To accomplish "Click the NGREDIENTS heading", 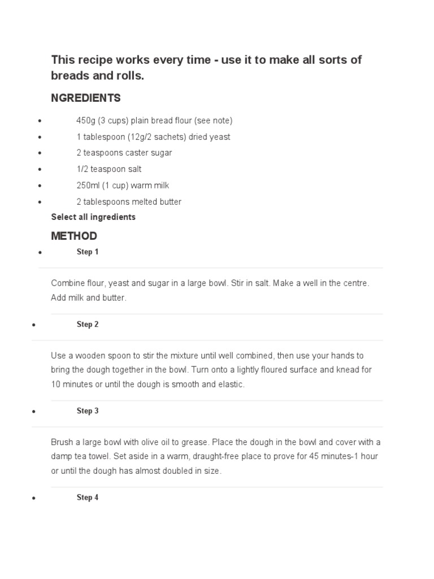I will coord(86,98).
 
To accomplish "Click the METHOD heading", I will coord(74,236).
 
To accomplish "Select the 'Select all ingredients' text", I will coord(93,217).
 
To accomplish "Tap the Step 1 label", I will coord(88,252).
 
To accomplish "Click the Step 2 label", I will coord(88,325).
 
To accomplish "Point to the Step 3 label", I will coord(88,411).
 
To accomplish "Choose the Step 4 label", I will coord(88,498).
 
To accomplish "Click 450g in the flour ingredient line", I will coord(86,121).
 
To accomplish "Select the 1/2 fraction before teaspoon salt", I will coord(83,169).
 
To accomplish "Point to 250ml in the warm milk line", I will coord(88,185).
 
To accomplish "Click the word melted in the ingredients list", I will coord(135,202).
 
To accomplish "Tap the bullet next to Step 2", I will coord(34,326).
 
